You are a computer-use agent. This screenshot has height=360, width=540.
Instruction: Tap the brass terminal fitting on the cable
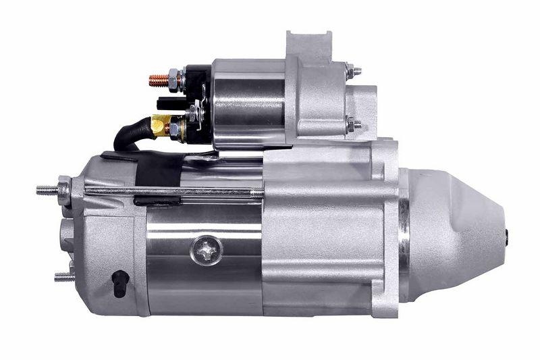pyautogui.click(x=161, y=124)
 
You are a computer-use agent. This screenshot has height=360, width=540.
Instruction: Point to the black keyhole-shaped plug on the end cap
pyautogui.click(x=119, y=283)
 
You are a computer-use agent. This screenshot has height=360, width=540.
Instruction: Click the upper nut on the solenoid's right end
pyautogui.click(x=352, y=70)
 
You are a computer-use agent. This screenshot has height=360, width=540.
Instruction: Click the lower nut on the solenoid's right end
pyautogui.click(x=352, y=124)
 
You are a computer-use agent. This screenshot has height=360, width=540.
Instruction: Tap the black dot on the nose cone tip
pyautogui.click(x=506, y=235)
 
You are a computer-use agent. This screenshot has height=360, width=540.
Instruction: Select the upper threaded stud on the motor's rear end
pyautogui.click(x=49, y=190)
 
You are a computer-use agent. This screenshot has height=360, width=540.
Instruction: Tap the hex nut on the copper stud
pyautogui.click(x=173, y=80)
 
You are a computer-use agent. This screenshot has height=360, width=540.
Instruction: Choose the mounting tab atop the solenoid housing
pyautogui.click(x=308, y=44)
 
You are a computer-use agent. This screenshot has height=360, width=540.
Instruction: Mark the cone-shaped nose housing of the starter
pyautogui.click(x=456, y=233)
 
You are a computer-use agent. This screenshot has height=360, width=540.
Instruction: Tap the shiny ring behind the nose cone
pyautogui.click(x=404, y=236)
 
